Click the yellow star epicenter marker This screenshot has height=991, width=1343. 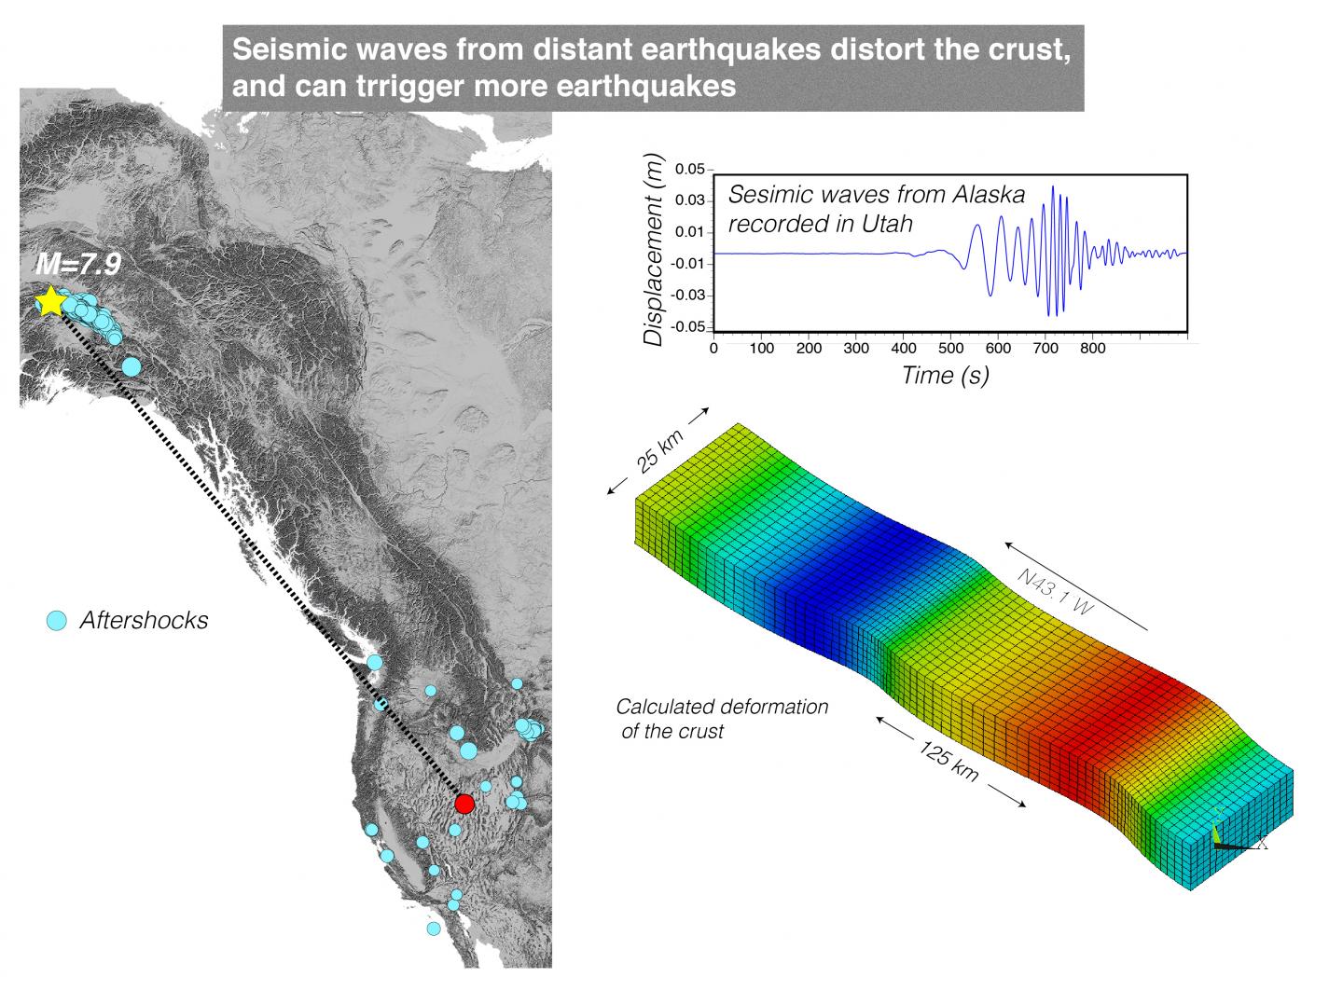51,301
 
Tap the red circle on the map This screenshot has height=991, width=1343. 464,804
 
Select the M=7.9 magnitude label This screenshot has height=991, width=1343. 78,264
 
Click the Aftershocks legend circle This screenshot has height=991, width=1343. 56,621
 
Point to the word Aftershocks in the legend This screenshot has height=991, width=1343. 145,620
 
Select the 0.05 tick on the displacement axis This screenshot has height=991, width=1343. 690,169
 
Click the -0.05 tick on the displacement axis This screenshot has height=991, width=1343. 688,327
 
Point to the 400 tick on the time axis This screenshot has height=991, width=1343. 904,348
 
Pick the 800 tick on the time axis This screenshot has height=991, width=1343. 1093,348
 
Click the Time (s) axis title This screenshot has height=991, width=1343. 945,376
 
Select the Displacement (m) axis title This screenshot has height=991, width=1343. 654,250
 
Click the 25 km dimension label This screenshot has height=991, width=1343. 660,451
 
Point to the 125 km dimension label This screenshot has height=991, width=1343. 948,763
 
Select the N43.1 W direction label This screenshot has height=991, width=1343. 1056,591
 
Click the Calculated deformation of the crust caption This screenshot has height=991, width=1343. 722,719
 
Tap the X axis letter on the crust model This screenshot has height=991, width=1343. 1262,842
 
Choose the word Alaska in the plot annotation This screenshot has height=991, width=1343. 990,194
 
